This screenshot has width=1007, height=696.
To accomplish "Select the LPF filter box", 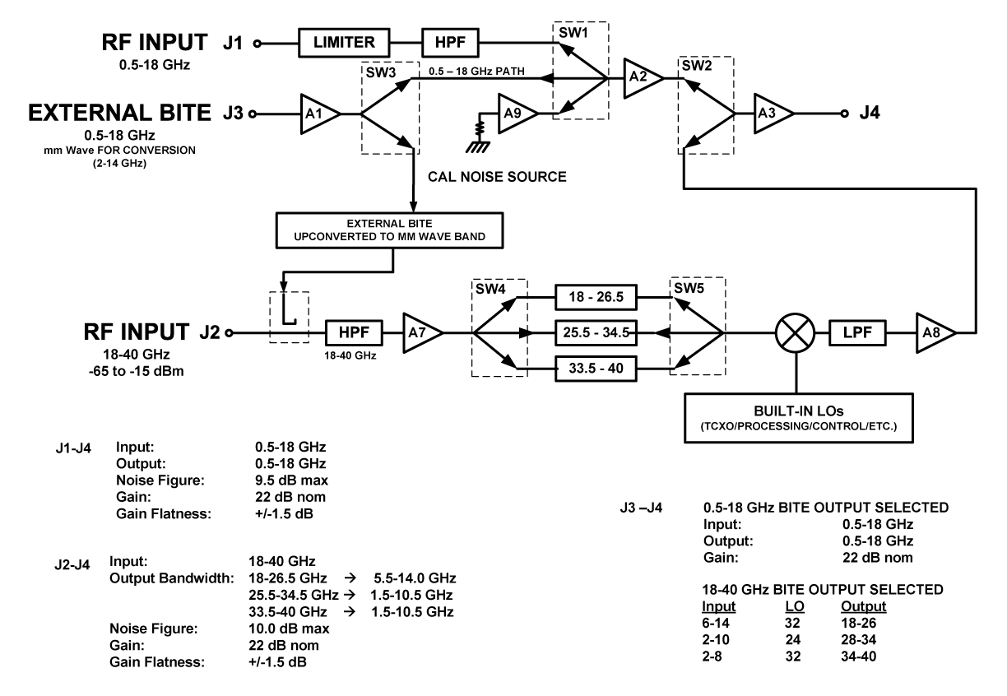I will (x=862, y=333).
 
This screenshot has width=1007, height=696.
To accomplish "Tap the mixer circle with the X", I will (x=796, y=333).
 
